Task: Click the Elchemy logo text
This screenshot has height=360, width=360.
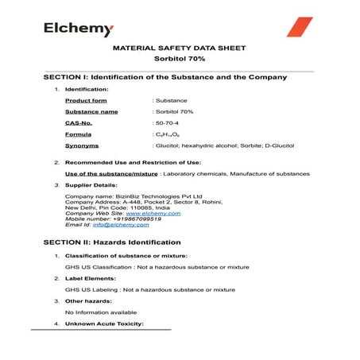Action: [79, 29]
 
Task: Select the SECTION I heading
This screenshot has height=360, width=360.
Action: [165, 77]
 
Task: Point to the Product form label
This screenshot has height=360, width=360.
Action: [86, 101]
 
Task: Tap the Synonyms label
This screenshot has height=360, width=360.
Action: [82, 146]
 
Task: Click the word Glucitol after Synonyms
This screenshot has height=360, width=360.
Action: [169, 146]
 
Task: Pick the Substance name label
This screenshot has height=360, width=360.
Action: [91, 112]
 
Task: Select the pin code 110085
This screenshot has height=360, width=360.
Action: [137, 207]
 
